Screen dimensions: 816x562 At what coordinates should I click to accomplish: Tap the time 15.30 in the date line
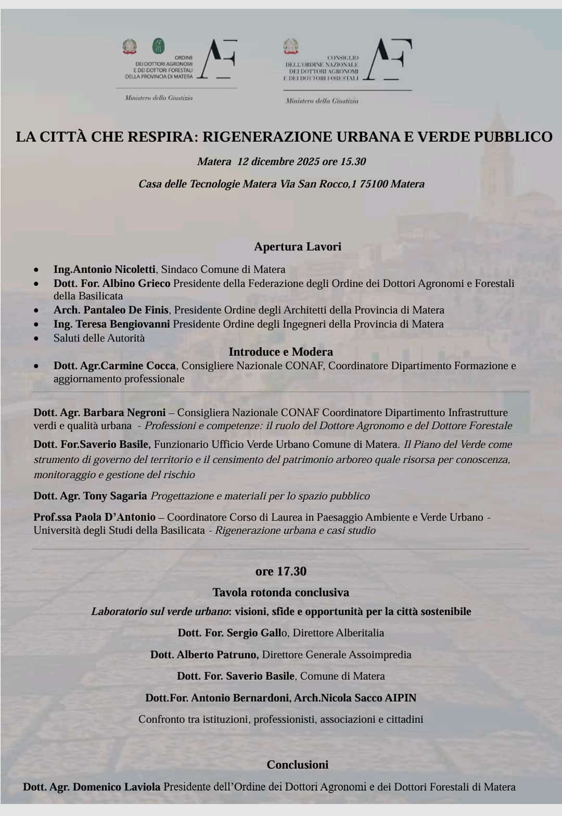pos(353,161)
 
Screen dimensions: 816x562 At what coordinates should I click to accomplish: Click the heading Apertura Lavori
pos(298,246)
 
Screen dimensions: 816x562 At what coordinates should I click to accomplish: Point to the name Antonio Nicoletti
pos(114,269)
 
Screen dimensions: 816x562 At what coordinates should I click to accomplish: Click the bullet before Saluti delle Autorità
pos(36,338)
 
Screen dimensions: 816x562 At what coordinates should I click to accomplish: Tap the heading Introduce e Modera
pos(280,351)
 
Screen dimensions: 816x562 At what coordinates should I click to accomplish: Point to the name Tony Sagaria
pos(115,496)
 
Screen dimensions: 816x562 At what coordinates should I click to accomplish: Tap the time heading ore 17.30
pos(281,571)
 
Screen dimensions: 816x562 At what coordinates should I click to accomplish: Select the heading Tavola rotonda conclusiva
pos(280,592)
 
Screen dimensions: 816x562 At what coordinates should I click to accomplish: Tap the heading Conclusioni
pos(298,764)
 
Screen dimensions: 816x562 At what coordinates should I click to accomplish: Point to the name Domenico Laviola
pos(117,787)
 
